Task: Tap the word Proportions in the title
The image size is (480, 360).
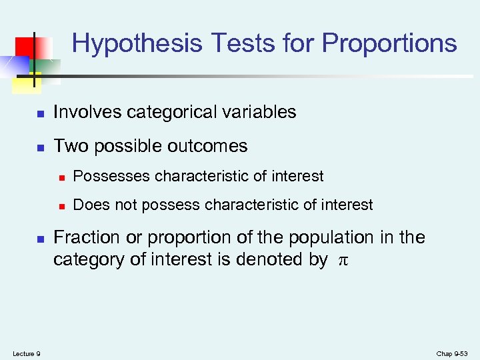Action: (x=389, y=43)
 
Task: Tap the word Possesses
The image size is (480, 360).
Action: (x=112, y=176)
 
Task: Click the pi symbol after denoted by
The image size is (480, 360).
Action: (x=343, y=260)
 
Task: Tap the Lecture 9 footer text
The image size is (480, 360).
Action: (x=26, y=353)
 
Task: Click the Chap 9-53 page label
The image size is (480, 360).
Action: (x=453, y=353)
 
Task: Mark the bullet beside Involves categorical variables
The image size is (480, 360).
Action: (x=39, y=113)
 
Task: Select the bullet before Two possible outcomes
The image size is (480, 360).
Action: (x=39, y=147)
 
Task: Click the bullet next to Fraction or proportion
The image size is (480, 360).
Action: (x=39, y=239)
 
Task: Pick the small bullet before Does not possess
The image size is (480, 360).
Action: (x=61, y=206)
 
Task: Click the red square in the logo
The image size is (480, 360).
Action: (x=25, y=47)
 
